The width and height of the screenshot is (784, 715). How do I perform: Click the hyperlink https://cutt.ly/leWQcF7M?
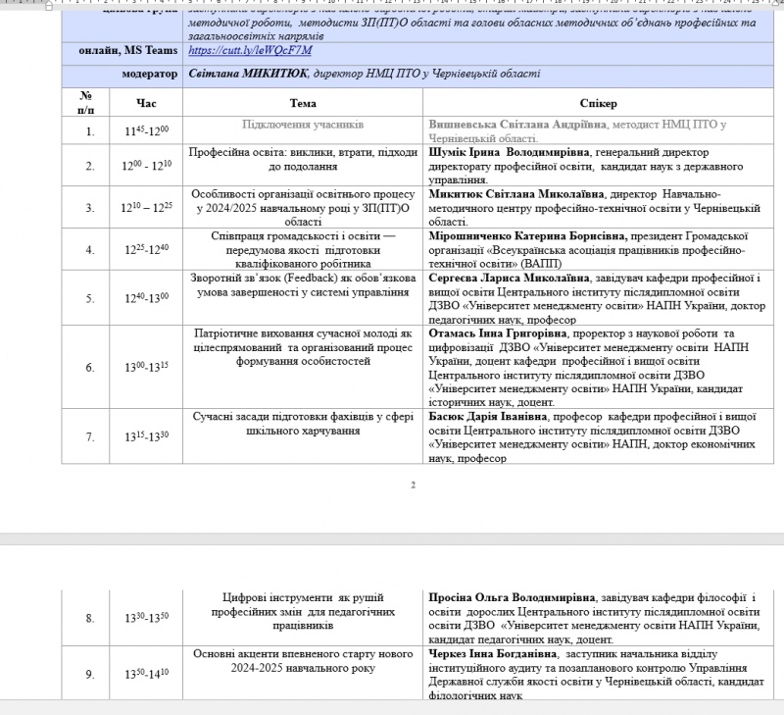tap(249, 51)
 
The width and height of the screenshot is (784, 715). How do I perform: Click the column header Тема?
tap(303, 103)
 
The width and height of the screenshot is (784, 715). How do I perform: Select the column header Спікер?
tap(598, 103)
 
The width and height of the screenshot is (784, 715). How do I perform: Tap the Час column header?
tap(146, 103)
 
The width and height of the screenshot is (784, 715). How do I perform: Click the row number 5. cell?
tap(90, 298)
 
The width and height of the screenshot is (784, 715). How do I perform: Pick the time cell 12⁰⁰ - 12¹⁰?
tap(146, 166)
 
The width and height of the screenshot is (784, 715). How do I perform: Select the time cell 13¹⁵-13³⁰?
tap(146, 436)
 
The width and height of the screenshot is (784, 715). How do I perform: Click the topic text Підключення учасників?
tap(303, 125)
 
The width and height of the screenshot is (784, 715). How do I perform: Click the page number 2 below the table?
tap(414, 485)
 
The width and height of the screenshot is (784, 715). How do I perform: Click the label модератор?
tap(150, 74)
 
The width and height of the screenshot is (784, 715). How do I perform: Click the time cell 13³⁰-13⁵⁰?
tap(146, 618)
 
